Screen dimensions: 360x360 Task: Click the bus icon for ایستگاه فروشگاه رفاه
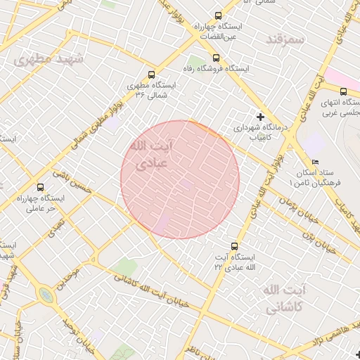216,58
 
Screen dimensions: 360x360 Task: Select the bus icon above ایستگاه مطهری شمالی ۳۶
151,75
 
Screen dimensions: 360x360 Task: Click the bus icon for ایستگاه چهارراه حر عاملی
40,188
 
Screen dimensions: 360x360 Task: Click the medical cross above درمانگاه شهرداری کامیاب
261,116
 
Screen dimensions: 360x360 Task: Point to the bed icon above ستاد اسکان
314,162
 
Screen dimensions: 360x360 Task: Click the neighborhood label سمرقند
285,39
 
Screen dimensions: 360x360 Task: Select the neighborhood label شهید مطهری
48,60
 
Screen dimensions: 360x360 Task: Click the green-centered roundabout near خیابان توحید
46,295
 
